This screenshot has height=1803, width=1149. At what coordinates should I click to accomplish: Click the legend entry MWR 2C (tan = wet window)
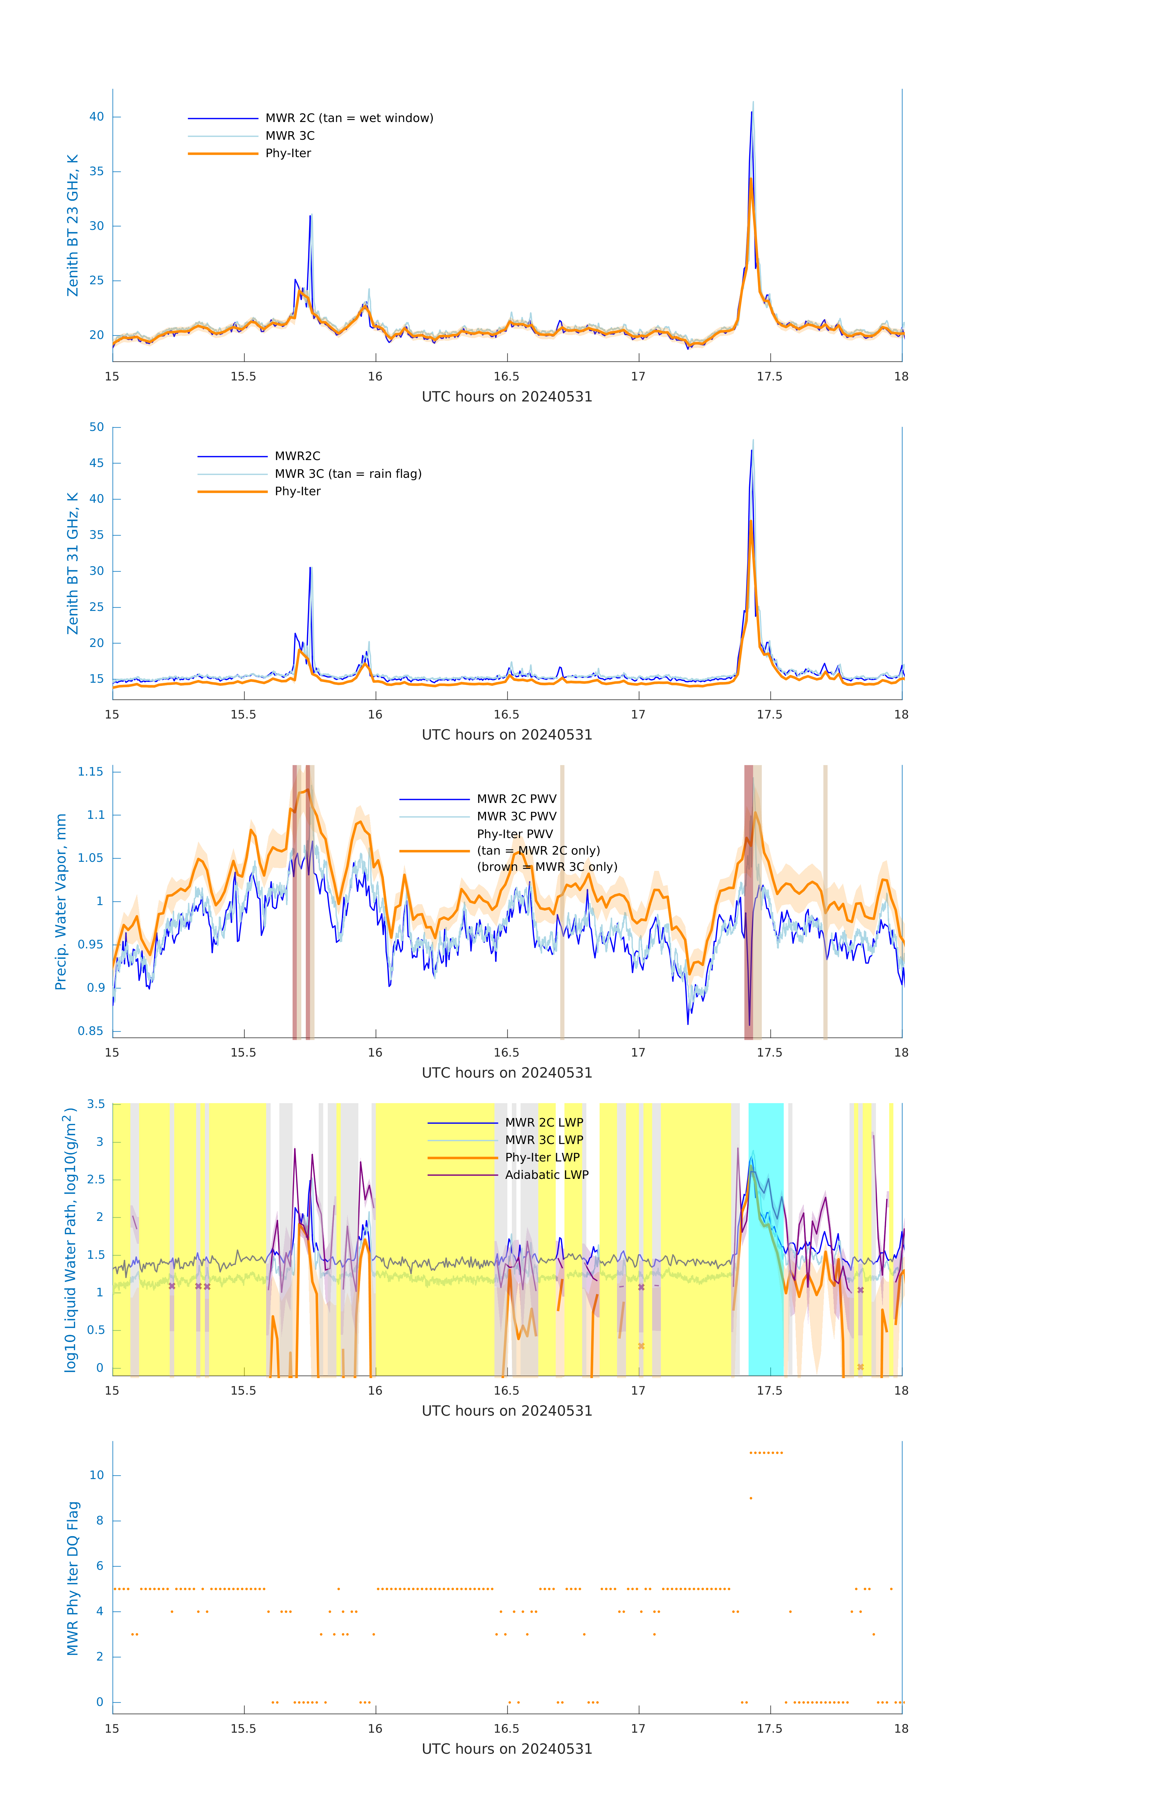point(349,118)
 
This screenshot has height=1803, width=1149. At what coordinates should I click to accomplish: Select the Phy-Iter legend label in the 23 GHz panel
point(288,154)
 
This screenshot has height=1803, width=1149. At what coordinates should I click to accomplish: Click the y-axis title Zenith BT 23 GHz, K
point(73,225)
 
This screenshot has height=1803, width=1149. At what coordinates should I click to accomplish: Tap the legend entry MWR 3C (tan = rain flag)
point(348,474)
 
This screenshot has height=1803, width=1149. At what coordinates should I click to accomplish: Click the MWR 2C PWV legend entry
point(516,799)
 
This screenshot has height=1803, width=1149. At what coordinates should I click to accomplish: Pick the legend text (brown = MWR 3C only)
point(547,867)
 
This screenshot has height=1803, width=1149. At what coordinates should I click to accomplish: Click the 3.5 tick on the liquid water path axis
point(96,1104)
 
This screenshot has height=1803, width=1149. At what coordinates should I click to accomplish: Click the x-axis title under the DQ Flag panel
point(507,1749)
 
